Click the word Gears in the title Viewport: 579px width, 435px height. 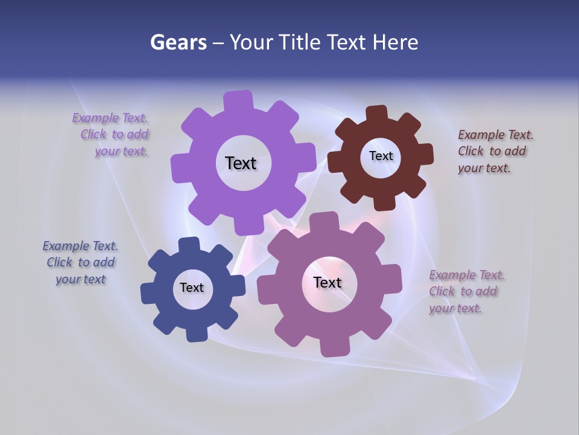178,42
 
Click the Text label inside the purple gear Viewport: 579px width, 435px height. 241,163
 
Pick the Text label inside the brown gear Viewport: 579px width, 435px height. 381,156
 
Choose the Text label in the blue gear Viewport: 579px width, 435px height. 192,288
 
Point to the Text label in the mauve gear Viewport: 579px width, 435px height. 327,282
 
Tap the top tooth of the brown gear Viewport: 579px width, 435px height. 377,114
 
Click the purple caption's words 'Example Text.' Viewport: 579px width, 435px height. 110,118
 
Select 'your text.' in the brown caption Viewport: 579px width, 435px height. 484,169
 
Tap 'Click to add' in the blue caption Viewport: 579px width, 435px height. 81,262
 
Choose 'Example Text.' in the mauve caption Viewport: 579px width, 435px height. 467,275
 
